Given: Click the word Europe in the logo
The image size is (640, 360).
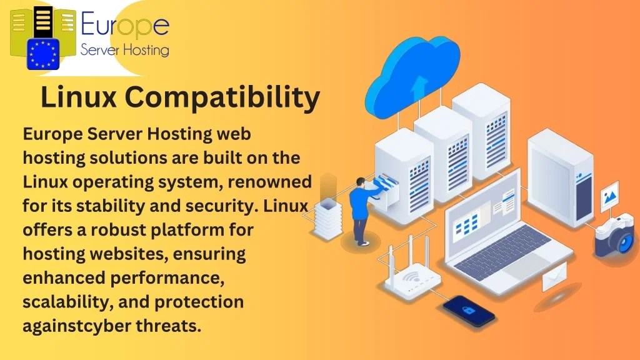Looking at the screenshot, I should point(125,26).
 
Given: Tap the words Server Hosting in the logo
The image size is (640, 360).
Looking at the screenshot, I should point(125,49).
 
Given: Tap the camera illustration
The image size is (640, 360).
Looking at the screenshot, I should point(613,234).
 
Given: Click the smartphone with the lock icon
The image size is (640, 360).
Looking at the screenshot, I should point(469,309).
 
